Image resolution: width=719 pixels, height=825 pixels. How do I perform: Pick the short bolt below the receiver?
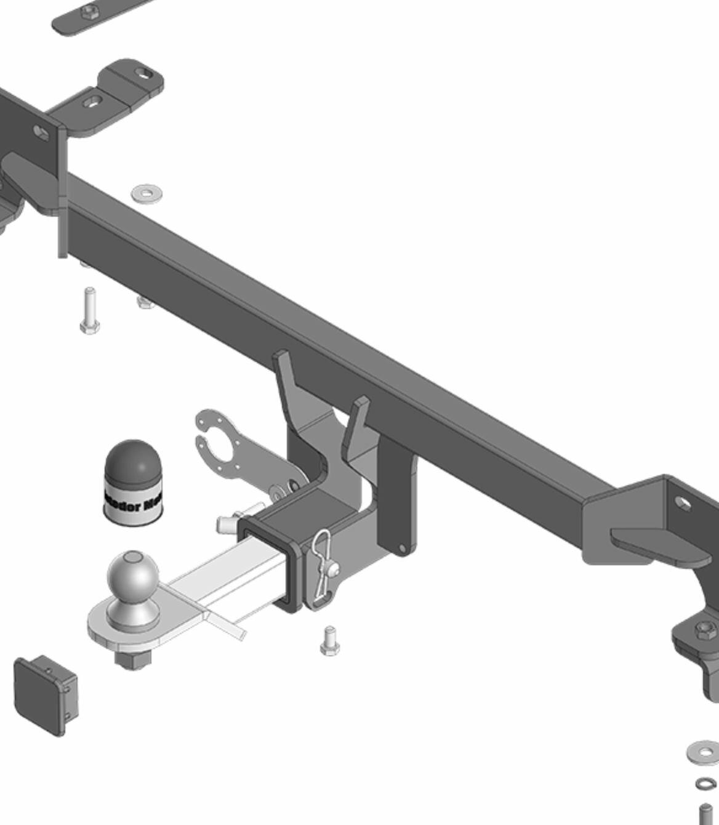coord(330,641)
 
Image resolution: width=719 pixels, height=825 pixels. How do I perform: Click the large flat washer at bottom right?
coord(703,752)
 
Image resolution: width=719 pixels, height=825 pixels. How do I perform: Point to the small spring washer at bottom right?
coord(706,784)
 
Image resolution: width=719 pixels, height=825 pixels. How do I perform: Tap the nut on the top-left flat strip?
coord(87,10)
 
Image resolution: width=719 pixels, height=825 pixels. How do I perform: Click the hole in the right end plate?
coord(683,504)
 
